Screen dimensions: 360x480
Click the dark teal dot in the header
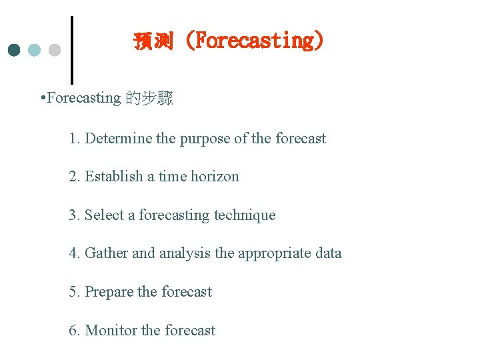click(15, 50)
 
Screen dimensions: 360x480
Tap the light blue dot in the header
click(35, 50)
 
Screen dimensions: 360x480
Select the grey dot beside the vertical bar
click(55, 50)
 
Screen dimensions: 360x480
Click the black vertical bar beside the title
click(72, 50)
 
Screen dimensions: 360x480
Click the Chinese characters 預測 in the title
click(153, 41)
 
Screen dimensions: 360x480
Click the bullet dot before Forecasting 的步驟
click(43, 99)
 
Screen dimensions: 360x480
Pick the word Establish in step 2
click(114, 177)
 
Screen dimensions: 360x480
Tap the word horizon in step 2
click(215, 177)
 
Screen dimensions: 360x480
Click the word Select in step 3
click(105, 215)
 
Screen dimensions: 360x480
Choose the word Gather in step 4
click(107, 253)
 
